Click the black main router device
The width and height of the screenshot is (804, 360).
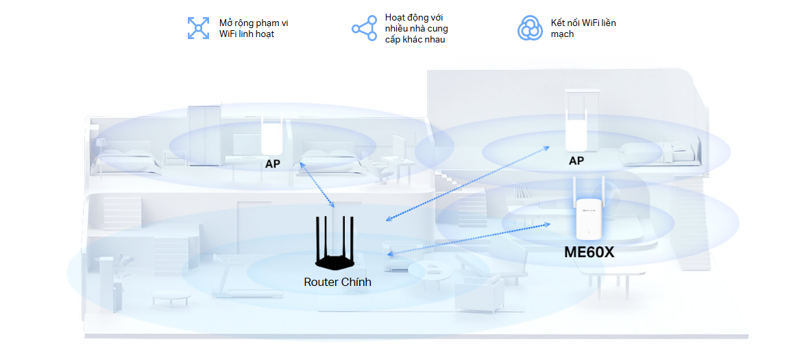coord(337,261)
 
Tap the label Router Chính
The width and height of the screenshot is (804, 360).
coord(337,282)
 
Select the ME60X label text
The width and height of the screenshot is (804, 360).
coord(589,252)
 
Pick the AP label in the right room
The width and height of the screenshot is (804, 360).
coord(576,160)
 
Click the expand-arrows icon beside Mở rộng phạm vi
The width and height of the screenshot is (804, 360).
coord(199,28)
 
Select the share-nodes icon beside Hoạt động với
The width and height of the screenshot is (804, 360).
coord(364,29)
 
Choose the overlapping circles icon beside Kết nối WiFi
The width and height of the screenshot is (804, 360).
coord(530,28)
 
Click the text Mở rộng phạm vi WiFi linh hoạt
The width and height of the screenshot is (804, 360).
coord(253,28)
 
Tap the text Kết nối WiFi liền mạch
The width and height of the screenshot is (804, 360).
coord(583,28)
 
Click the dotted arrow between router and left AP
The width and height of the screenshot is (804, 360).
coord(317,185)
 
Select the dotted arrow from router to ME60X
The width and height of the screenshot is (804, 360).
coord(470,239)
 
